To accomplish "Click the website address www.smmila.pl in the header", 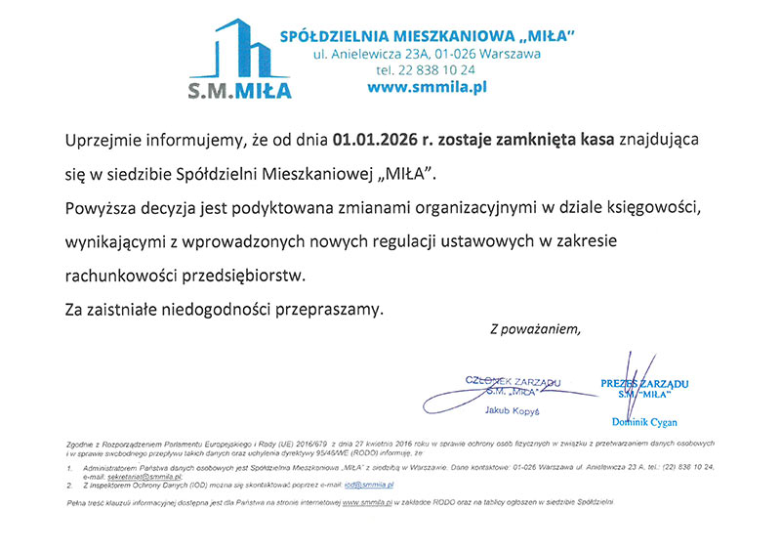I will tap(427, 87).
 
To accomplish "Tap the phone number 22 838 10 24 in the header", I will tap(426, 70).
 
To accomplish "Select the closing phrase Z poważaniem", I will tap(535, 329).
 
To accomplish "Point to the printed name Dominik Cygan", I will tap(642, 422).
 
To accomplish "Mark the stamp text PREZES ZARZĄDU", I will tap(645, 384).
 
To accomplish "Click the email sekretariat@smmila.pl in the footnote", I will tap(146, 475).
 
